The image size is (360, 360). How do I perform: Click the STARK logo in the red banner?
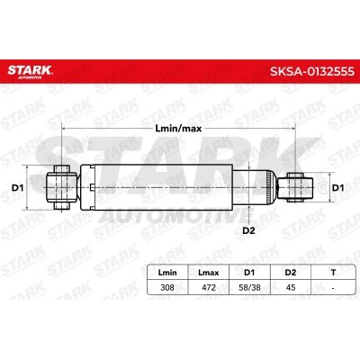[30, 72]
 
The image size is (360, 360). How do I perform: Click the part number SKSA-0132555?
[312, 72]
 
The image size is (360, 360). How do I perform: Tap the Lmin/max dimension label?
[178, 129]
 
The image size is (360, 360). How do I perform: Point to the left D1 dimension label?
[17, 188]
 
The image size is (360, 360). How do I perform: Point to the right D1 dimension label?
[338, 188]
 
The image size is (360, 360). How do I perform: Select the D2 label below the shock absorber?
[248, 230]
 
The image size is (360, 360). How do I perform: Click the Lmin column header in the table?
[167, 273]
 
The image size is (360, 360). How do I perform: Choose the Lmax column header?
[209, 273]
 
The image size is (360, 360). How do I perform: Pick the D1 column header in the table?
[249, 273]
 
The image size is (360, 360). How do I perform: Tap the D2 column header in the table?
[291, 273]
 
